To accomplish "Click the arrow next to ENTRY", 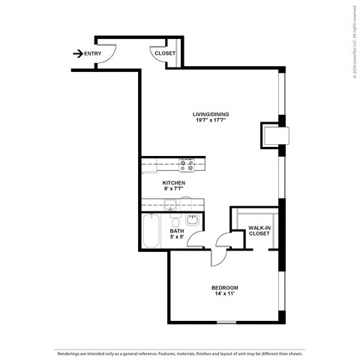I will pyautogui.click(x=77, y=53).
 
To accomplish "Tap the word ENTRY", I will pyautogui.click(x=93, y=53).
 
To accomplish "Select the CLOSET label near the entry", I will pyautogui.click(x=164, y=54).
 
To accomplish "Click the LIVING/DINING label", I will pyautogui.click(x=211, y=114).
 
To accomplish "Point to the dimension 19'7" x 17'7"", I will pyautogui.click(x=211, y=121).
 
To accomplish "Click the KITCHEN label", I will pyautogui.click(x=174, y=182).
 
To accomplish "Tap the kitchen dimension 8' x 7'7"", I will pyautogui.click(x=174, y=189).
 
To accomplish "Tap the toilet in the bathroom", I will pyautogui.click(x=174, y=223).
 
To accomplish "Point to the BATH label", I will pyautogui.click(x=177, y=231).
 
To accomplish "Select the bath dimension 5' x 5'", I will pyautogui.click(x=177, y=238).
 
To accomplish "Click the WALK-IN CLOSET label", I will pyautogui.click(x=259, y=229).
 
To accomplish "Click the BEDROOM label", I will pyautogui.click(x=224, y=288).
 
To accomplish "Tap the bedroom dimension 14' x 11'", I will pyautogui.click(x=224, y=295).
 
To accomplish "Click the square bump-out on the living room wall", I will pyautogui.click(x=272, y=135).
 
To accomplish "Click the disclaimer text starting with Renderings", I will pyautogui.click(x=179, y=351).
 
